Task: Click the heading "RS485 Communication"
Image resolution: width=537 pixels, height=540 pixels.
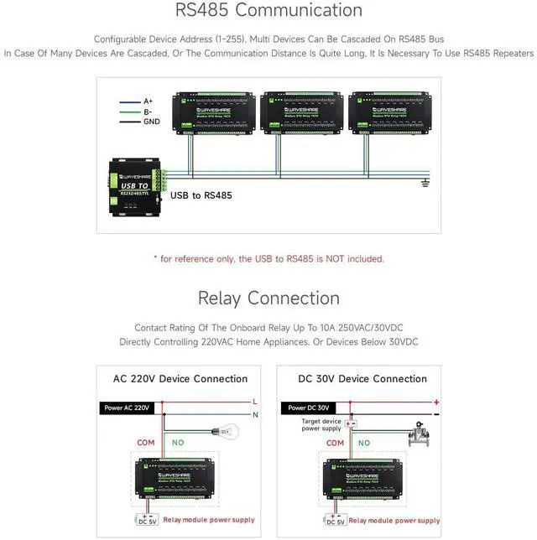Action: (268, 11)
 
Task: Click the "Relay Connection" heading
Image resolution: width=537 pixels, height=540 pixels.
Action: (268, 299)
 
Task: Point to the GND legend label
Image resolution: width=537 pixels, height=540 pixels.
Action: (152, 122)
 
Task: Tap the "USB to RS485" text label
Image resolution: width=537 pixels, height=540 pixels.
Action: (201, 195)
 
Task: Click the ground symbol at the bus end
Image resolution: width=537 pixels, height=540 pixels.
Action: (425, 182)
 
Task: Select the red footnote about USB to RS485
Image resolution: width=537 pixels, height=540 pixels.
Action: (268, 259)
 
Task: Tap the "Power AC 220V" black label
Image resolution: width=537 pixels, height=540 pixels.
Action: (126, 408)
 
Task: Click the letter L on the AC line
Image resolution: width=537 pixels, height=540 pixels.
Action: (255, 402)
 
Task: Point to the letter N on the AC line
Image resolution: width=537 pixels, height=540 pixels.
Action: (255, 414)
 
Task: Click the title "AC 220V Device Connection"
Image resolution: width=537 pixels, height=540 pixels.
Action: (180, 379)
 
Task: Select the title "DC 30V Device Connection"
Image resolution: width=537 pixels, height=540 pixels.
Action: (362, 379)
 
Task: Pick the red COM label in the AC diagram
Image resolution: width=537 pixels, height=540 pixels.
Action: (146, 443)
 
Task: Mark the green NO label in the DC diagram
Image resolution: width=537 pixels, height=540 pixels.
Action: (364, 443)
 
